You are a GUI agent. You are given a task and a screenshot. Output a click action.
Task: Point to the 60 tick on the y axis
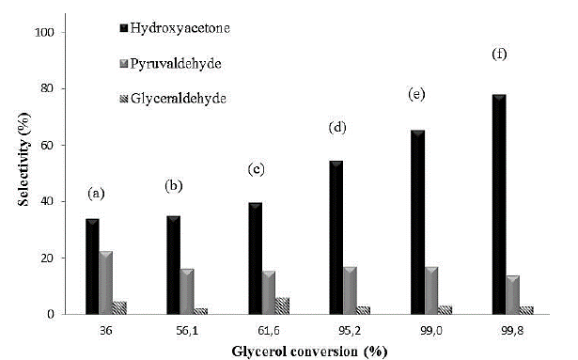click(58, 146)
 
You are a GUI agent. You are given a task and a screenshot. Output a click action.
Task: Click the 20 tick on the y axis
click(58, 258)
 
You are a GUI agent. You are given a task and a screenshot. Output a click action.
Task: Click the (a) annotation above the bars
click(95, 194)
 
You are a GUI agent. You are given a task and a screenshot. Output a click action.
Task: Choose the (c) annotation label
click(255, 169)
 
